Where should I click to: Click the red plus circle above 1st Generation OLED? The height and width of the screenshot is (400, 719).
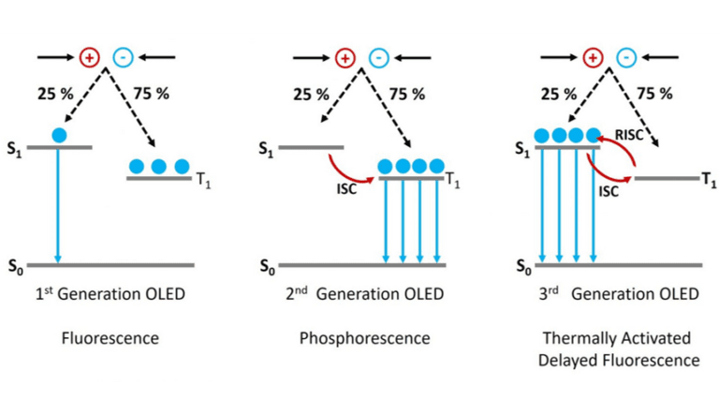pyautogui.click(x=90, y=57)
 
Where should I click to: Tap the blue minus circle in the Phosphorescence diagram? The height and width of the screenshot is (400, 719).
pyautogui.click(x=379, y=58)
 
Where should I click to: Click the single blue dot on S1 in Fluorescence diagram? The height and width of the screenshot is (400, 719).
pyautogui.click(x=59, y=135)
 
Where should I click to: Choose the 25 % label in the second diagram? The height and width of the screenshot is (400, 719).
pyautogui.click(x=311, y=94)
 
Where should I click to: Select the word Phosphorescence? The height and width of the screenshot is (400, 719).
pyautogui.click(x=364, y=338)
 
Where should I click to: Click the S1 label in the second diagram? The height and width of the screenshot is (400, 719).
pyautogui.click(x=266, y=148)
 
